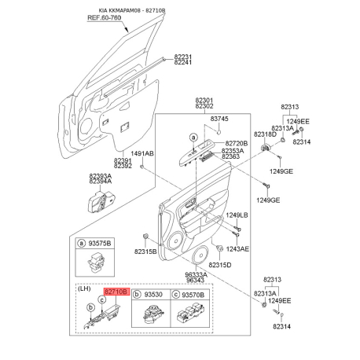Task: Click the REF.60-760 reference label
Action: click(x=104, y=18)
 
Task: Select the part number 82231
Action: click(x=183, y=57)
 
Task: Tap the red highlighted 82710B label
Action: click(x=117, y=292)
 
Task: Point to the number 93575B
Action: click(x=100, y=244)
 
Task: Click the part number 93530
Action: click(x=153, y=295)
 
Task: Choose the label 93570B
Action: click(x=193, y=295)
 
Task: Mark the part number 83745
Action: click(x=219, y=119)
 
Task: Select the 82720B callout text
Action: click(x=237, y=143)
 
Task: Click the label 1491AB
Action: click(x=142, y=153)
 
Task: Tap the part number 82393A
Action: click(x=101, y=176)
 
